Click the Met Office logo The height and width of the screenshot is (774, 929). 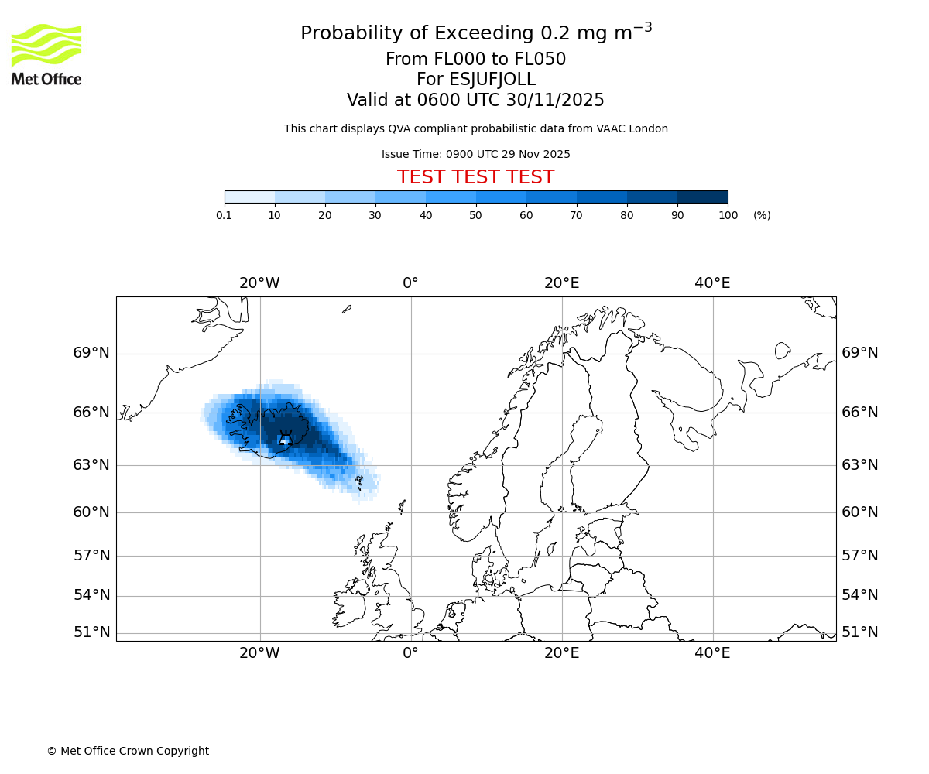click(x=46, y=54)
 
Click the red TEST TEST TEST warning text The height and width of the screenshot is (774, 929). click(x=475, y=177)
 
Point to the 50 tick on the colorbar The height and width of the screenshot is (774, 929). click(x=476, y=215)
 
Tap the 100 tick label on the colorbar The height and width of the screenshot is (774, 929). click(x=728, y=215)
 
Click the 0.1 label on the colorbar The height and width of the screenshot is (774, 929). click(x=225, y=215)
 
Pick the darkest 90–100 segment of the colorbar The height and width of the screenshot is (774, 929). click(x=702, y=197)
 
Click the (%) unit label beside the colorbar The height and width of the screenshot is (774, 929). click(x=762, y=215)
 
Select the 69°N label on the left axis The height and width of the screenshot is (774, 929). click(x=91, y=353)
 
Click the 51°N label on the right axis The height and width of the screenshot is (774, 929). click(x=860, y=632)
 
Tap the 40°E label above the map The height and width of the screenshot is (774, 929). click(x=712, y=283)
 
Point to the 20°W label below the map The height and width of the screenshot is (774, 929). click(x=259, y=653)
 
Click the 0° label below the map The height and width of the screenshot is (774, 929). click(x=410, y=653)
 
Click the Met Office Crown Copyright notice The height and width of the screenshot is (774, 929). click(x=128, y=751)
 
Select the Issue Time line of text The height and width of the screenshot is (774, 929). click(x=475, y=154)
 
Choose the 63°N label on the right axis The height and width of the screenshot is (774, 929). click(x=860, y=465)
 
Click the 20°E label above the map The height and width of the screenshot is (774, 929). click(x=561, y=283)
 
